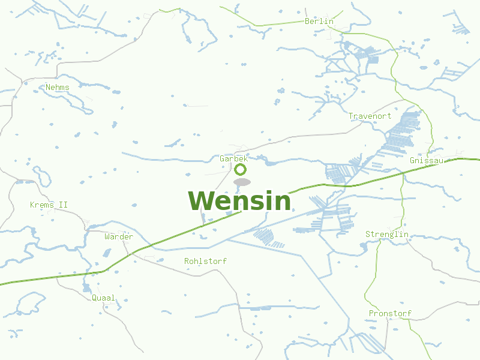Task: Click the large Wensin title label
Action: click(x=239, y=201)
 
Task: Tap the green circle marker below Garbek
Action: click(x=240, y=169)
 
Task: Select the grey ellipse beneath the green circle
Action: click(x=241, y=182)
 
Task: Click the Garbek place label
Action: click(x=233, y=159)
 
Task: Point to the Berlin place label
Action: click(x=319, y=21)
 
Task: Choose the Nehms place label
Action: click(x=58, y=88)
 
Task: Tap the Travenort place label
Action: click(x=370, y=116)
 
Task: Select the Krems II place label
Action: click(x=49, y=205)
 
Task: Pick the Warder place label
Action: click(x=119, y=237)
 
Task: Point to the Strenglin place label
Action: click(x=387, y=234)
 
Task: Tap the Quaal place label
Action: click(x=103, y=298)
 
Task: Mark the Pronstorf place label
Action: click(x=390, y=314)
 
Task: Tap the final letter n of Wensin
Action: click(x=282, y=203)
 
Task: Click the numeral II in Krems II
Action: click(x=63, y=205)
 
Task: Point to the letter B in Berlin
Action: click(x=307, y=21)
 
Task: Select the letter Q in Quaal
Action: click(x=94, y=298)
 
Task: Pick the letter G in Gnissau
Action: click(x=412, y=161)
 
